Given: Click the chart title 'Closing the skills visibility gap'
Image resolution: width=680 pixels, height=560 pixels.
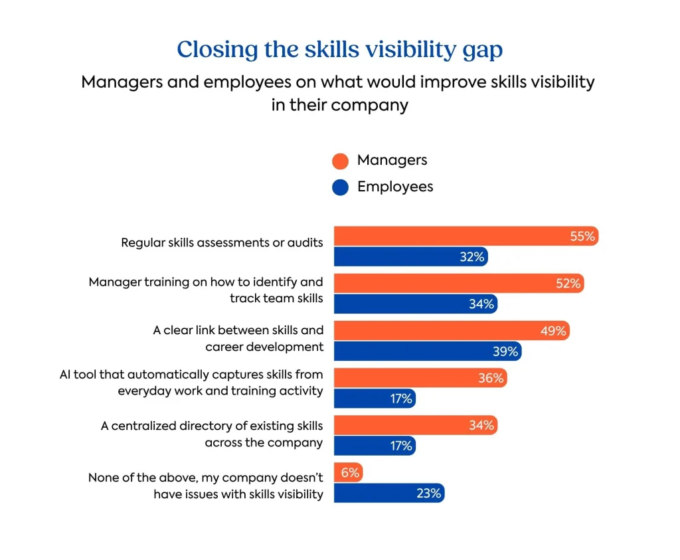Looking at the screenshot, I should pos(339,50).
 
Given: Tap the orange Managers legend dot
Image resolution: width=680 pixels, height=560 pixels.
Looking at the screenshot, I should pos(340,161).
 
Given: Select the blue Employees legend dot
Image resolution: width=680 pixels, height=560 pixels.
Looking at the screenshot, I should pos(340,188).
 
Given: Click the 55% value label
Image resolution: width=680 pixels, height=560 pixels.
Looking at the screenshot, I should pos(582,236).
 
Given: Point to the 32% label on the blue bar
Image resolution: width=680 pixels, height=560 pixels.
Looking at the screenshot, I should pos(472,256).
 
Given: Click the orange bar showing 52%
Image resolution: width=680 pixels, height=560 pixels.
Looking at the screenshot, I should pos(458,284).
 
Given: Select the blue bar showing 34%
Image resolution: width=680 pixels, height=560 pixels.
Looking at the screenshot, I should pos(415,304).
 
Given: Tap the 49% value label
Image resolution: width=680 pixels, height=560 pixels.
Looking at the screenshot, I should pos(552,331).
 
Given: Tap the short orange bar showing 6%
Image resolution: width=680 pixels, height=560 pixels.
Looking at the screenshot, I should pos(347,472).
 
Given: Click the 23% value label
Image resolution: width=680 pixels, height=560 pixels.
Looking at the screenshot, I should pos(429,493).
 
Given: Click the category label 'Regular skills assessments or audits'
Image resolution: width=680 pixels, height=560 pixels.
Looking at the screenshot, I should pos(222,242).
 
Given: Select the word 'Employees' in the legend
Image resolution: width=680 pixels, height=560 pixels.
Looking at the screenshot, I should pos(395,187).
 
